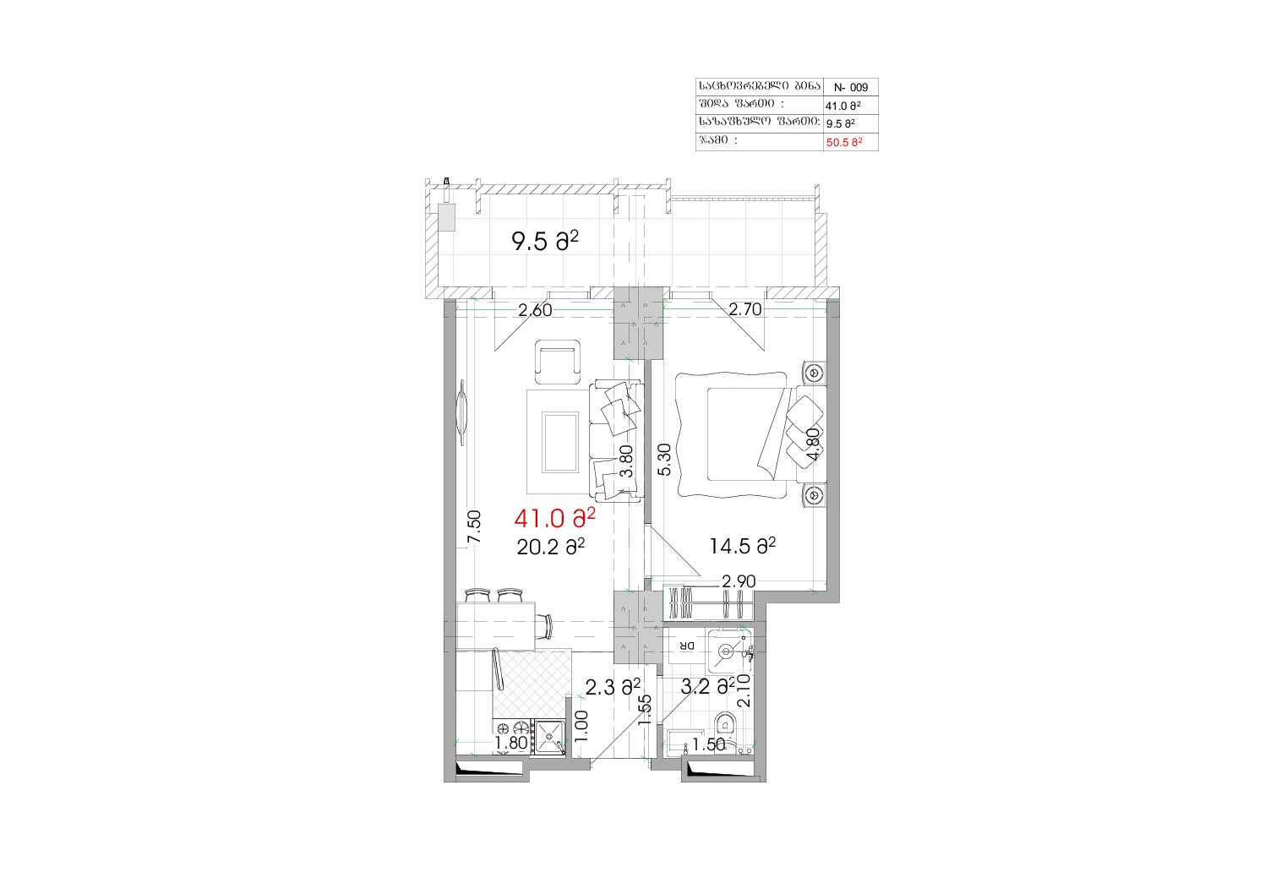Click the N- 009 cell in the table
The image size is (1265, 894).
coord(850,88)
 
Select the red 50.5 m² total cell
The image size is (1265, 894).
coord(844,142)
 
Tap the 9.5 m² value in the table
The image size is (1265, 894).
coord(840,123)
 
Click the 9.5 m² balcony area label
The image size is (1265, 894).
coord(545,242)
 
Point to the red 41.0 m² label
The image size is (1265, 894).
coord(554,519)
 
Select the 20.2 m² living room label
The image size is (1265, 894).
coord(551,547)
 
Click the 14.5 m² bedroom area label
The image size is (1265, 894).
coord(742,546)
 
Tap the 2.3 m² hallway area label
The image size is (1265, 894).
coord(613,687)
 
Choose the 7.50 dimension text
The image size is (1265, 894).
coord(474,527)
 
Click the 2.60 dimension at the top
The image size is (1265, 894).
coord(535,311)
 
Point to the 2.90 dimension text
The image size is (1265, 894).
coord(739,581)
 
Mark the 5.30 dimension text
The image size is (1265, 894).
coord(665,460)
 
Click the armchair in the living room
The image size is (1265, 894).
coord(558,362)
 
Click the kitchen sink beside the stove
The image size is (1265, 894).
coord(549,737)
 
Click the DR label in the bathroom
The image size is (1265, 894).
coord(686,646)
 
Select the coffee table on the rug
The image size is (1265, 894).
coord(560,442)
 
